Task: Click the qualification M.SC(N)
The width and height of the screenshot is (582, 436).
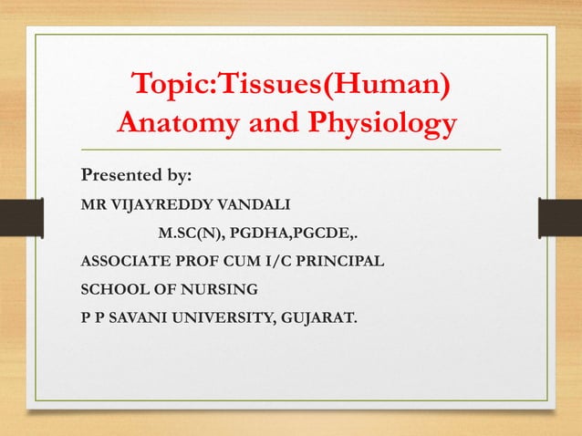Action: (x=191, y=233)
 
